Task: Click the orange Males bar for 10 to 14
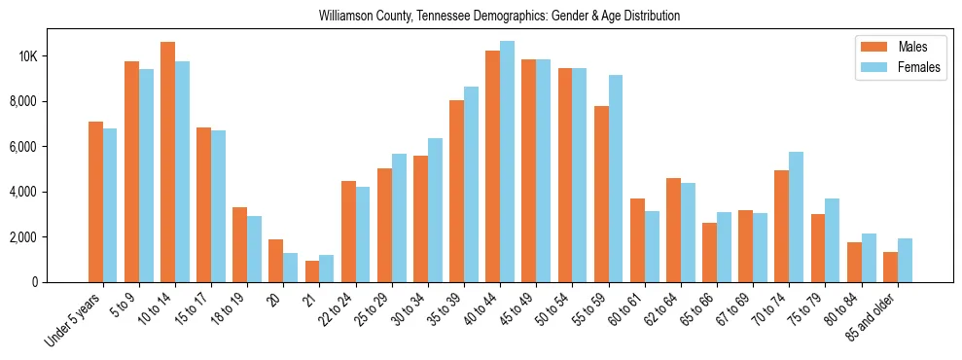(x=167, y=162)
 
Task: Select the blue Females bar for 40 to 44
(x=507, y=162)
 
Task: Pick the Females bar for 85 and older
(x=905, y=260)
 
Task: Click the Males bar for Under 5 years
(x=95, y=201)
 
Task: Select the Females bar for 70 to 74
(x=796, y=217)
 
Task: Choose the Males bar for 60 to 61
(x=637, y=240)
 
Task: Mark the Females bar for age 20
(x=290, y=268)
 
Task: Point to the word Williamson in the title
(x=346, y=17)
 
